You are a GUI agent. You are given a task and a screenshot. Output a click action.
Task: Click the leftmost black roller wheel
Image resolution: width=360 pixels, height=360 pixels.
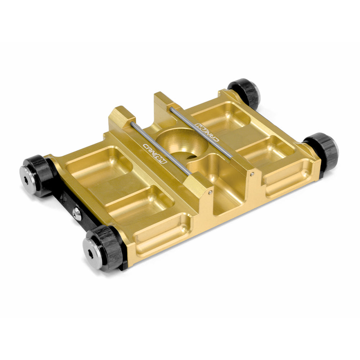click(38, 176)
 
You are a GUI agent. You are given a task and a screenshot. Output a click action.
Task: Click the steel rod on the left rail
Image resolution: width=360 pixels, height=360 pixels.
click(160, 148)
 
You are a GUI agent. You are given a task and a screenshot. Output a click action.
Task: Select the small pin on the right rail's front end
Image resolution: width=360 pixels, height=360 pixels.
click(252, 174)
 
